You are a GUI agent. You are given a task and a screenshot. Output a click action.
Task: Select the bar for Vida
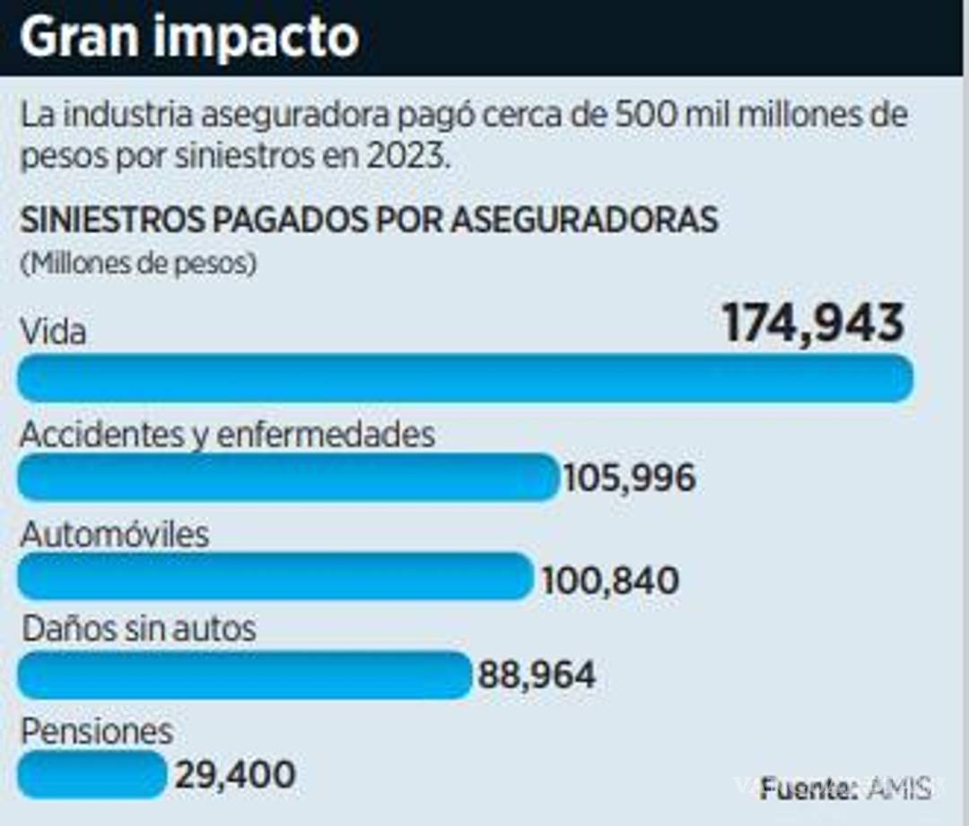click(465, 378)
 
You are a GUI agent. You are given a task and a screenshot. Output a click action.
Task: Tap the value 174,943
click(813, 324)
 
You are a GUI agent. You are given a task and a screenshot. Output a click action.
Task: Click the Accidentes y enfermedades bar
click(288, 477)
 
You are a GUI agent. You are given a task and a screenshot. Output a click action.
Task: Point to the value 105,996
click(629, 479)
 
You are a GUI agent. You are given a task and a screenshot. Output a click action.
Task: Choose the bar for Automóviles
click(275, 576)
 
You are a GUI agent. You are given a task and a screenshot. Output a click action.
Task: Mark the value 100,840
click(610, 581)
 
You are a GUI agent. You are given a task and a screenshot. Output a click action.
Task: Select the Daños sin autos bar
click(244, 674)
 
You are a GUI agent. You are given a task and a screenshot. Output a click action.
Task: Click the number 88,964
click(537, 675)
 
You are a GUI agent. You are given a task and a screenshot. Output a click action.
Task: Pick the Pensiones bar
click(92, 774)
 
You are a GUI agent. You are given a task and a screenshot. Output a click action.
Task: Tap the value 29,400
click(235, 775)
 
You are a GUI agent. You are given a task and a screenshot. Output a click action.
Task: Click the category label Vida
click(53, 333)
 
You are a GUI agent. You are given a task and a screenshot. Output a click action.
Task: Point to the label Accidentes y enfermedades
click(227, 435)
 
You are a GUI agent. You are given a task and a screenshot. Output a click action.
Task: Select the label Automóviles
click(114, 535)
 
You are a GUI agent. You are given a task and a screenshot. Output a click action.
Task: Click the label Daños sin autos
click(139, 628)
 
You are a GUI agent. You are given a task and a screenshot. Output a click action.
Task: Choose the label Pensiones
click(96, 731)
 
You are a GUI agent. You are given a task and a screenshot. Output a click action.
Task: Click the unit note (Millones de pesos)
click(138, 265)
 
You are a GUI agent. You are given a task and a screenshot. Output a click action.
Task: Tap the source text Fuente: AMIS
click(845, 788)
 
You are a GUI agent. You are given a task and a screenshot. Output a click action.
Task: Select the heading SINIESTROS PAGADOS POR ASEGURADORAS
click(369, 220)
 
